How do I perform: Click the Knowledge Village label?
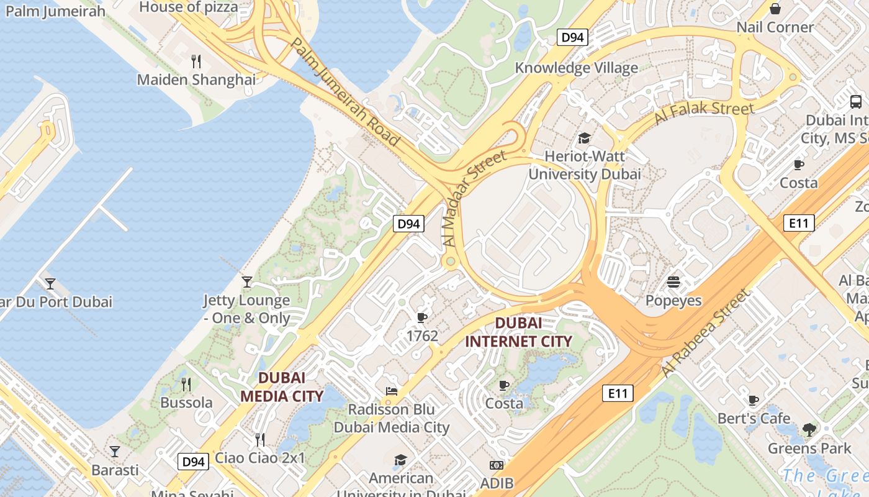(x=576, y=68)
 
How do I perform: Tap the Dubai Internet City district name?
(x=518, y=332)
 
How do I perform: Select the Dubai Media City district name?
(x=282, y=387)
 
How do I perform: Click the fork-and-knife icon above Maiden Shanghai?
(x=196, y=61)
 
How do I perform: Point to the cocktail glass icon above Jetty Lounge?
(x=247, y=282)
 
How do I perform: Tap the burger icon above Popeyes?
(x=673, y=283)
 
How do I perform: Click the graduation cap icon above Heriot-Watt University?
(x=584, y=138)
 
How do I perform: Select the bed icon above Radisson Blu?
(x=391, y=391)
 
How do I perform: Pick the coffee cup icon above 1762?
(x=422, y=318)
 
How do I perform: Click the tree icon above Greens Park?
(x=809, y=429)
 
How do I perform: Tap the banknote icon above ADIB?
(x=497, y=465)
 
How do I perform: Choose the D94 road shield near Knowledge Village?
(x=572, y=38)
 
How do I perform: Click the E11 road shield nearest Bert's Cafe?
(x=618, y=393)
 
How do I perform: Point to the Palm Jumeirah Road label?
(x=345, y=92)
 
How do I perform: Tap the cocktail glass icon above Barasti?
(x=114, y=451)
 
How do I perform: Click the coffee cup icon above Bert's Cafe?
(x=754, y=400)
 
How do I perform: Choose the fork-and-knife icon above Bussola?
(x=185, y=384)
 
